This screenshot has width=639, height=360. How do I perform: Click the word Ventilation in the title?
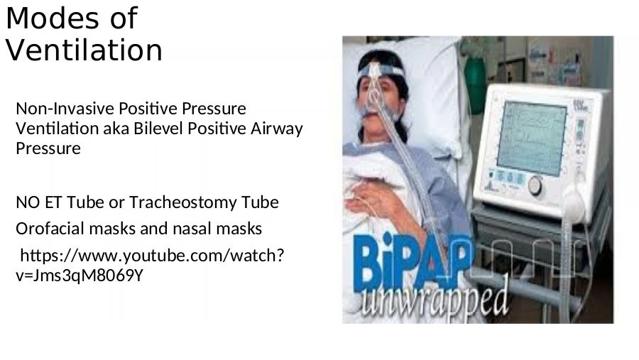(x=84, y=50)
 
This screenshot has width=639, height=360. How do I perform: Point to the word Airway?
(x=277, y=129)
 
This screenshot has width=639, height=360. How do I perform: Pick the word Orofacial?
(x=50, y=229)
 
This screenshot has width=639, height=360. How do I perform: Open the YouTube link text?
(x=150, y=266)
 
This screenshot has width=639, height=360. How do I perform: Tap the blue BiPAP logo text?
(x=413, y=262)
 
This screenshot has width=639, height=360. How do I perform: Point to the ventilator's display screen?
(x=532, y=139)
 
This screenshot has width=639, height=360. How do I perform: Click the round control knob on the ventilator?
(x=535, y=186)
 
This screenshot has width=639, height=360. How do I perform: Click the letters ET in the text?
(x=53, y=202)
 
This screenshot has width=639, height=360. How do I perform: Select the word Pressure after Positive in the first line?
(x=214, y=109)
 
